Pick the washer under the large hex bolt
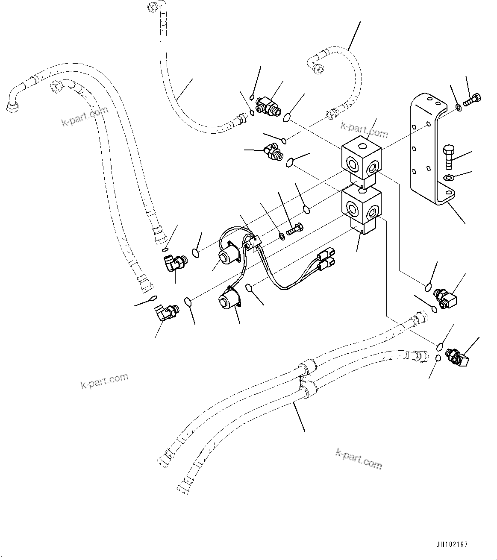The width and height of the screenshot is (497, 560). point(448,178)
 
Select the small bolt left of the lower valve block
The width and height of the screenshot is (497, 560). point(295,230)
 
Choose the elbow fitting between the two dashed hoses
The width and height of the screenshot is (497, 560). point(268,105)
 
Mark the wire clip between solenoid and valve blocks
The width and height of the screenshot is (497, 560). point(252,244)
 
